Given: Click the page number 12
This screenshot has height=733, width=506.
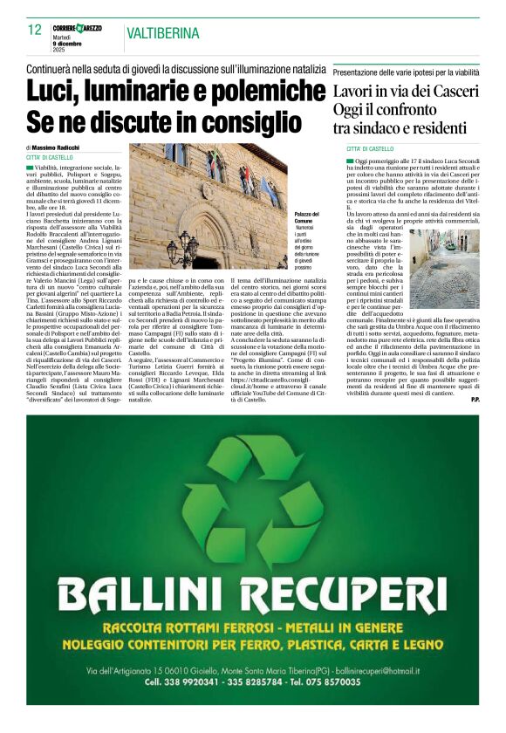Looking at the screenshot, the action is click(35, 31).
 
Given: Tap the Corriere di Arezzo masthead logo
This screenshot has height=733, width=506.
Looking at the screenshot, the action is click(77, 29).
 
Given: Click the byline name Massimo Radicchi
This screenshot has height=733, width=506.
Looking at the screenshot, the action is click(60, 148).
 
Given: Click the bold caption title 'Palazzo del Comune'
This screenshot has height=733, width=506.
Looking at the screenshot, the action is click(306, 217).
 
